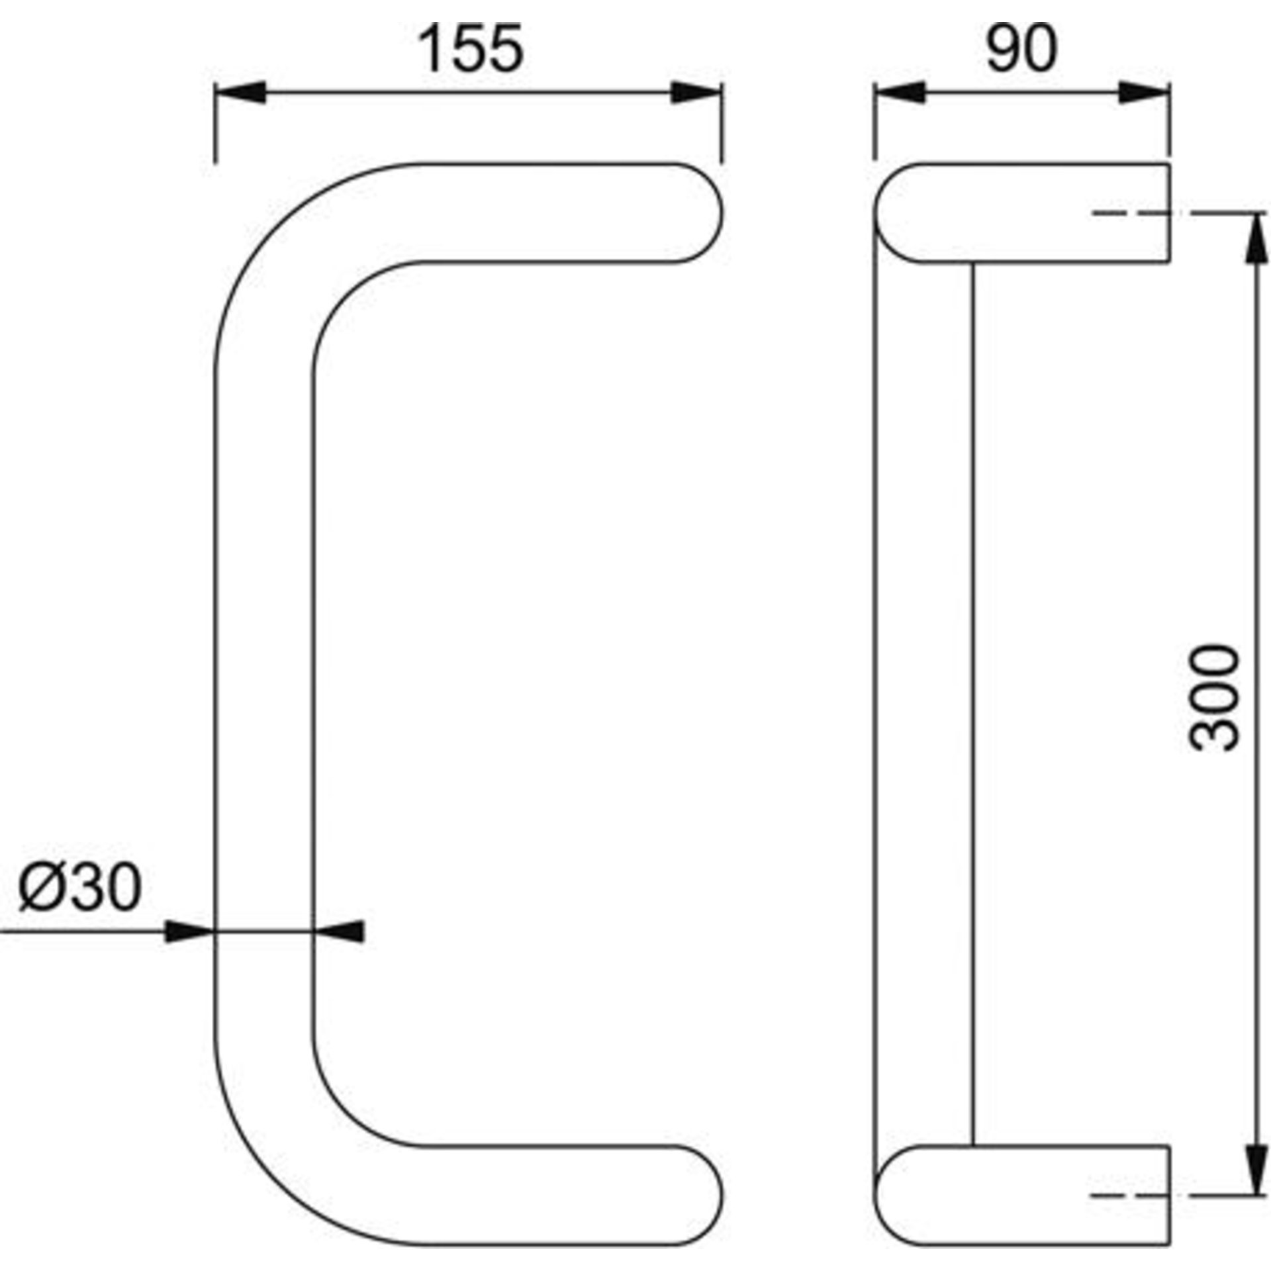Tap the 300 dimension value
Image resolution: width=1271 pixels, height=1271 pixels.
pyautogui.click(x=1213, y=698)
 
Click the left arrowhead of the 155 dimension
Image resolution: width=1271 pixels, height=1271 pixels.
pyautogui.click(x=240, y=93)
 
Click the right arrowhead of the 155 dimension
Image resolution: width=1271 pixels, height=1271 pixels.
pyautogui.click(x=696, y=93)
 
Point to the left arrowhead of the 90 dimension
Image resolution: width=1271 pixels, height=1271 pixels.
pyautogui.click(x=898, y=93)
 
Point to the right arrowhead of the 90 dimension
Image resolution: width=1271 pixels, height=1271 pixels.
pyautogui.click(x=1144, y=93)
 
